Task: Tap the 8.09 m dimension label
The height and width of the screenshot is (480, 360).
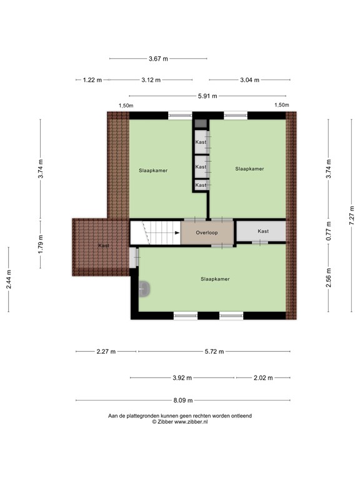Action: click(x=183, y=401)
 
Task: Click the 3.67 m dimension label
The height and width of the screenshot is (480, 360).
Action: click(x=158, y=59)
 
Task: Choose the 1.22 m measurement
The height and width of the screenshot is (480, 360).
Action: click(x=92, y=80)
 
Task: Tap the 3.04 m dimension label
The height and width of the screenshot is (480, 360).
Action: click(x=249, y=80)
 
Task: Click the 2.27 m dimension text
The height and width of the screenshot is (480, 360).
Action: click(x=106, y=352)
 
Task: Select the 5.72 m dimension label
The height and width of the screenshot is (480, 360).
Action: click(x=214, y=352)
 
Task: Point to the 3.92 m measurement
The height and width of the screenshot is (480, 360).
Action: click(x=182, y=378)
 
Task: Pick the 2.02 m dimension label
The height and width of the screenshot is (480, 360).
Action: click(x=263, y=378)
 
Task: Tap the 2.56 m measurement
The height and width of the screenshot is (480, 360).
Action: click(x=329, y=274)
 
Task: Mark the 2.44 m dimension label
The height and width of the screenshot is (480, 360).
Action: click(x=9, y=279)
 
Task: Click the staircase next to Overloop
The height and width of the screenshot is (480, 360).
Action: click(x=154, y=232)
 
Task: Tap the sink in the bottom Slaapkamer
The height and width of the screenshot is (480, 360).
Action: click(x=146, y=289)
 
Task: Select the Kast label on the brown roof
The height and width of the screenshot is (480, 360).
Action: click(x=104, y=246)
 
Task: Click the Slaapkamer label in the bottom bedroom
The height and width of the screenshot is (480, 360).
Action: click(x=215, y=279)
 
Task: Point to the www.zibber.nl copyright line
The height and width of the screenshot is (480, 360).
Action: click(x=180, y=422)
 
